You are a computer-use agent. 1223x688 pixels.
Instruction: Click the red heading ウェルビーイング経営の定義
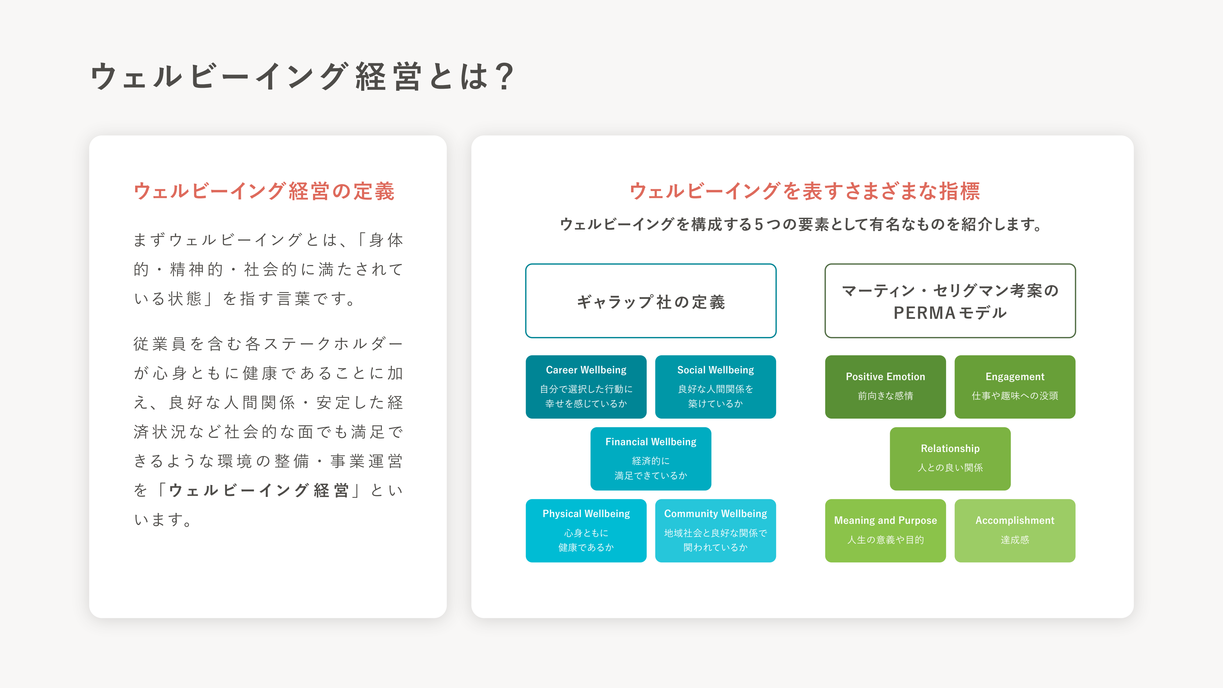(x=264, y=191)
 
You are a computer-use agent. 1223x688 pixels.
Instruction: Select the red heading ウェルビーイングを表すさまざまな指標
(x=805, y=191)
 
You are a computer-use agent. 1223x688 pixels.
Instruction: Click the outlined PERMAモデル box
(x=950, y=301)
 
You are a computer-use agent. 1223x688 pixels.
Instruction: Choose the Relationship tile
(x=950, y=459)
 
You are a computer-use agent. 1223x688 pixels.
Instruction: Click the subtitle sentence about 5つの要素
(x=802, y=224)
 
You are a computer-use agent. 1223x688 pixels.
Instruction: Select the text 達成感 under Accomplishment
(x=1015, y=540)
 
